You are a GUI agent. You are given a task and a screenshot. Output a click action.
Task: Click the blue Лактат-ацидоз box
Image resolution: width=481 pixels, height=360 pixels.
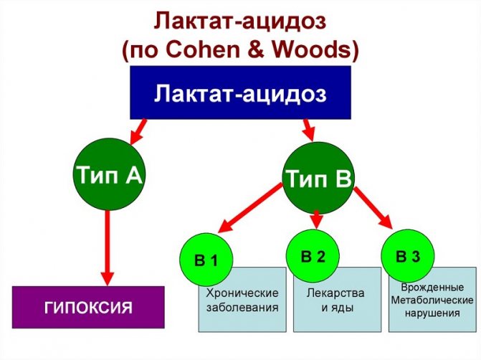click(240, 93)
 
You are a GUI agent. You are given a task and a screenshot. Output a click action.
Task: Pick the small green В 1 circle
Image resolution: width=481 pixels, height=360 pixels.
click(206, 260)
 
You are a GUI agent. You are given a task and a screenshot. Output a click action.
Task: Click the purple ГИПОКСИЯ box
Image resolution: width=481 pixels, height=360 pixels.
click(88, 308)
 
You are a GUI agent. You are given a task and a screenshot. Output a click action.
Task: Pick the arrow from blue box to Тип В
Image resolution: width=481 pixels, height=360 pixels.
click(308, 129)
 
